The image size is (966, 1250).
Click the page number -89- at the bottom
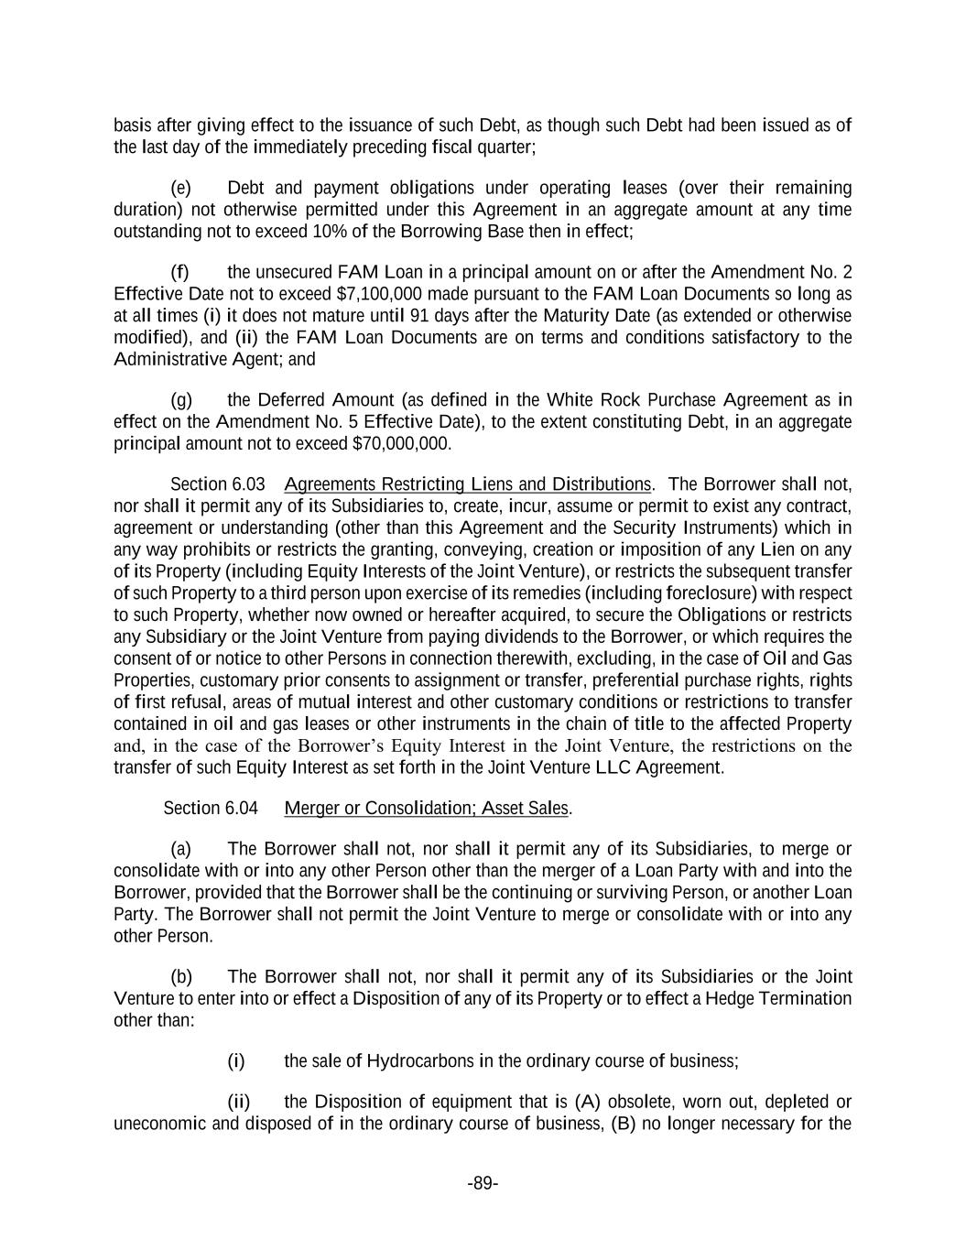[483, 1184]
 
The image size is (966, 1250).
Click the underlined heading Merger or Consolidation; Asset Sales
[427, 809]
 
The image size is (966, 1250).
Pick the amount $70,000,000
[401, 444]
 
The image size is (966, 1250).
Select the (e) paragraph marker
[181, 189]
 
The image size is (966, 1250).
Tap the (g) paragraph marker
[181, 400]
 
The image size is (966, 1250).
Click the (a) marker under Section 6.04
[181, 849]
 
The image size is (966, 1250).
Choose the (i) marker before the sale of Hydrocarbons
[236, 1061]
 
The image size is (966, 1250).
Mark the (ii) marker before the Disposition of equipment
[238, 1102]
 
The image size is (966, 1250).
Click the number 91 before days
[419, 316]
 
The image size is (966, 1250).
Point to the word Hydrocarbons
[420, 1061]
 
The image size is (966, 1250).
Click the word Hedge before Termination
[721, 998]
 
